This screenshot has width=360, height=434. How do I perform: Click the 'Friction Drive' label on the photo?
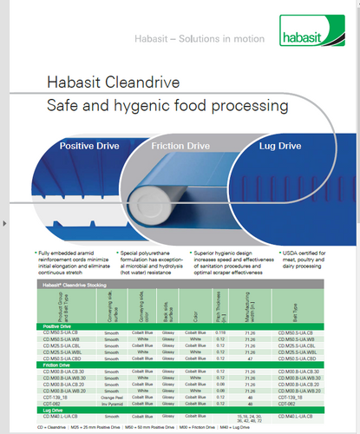coord(178,148)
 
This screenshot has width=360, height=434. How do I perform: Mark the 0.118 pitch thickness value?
coord(222,332)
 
